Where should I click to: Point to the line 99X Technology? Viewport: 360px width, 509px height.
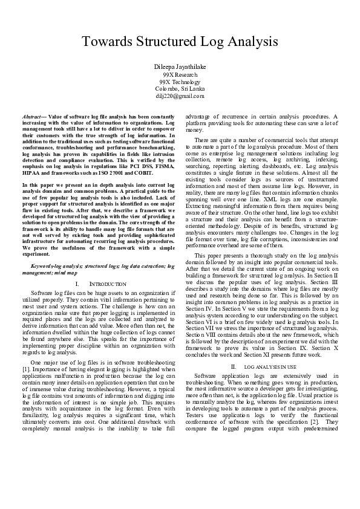tap(180, 82)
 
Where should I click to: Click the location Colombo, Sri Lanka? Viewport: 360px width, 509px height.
tap(180, 89)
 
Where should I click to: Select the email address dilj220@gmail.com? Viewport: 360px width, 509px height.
tap(180, 96)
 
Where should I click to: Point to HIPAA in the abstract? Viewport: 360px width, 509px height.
tap(33, 167)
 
